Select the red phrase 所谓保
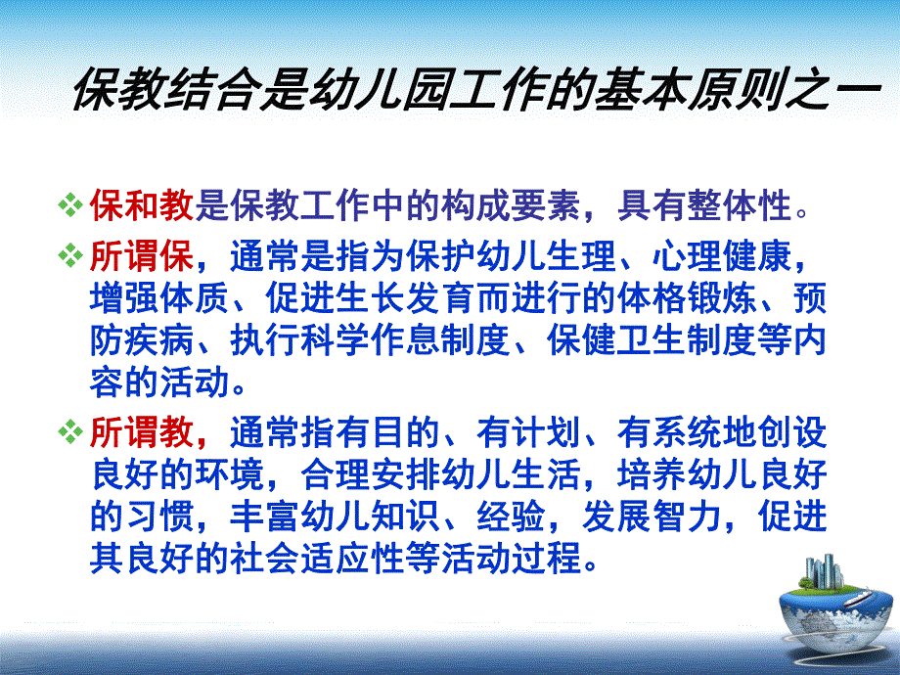[142, 259]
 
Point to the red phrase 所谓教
[142, 431]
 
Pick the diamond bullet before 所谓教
[70, 431]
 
